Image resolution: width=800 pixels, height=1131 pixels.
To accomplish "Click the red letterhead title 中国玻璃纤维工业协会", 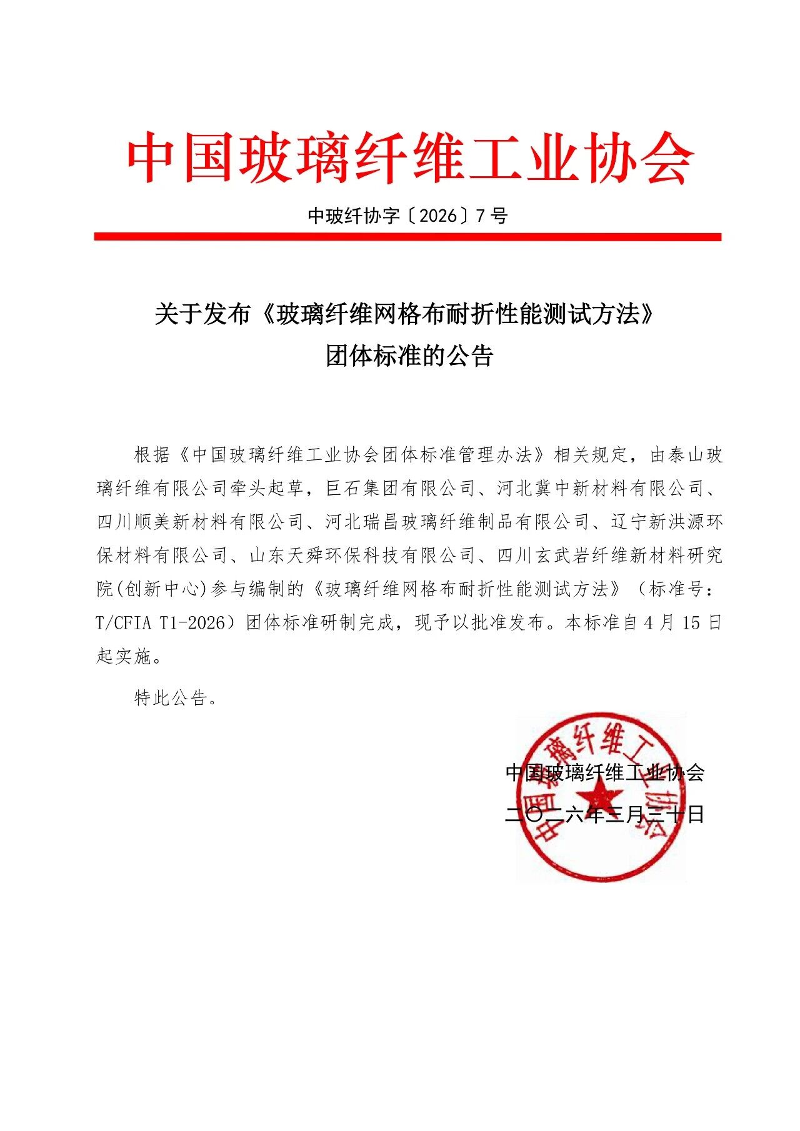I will (x=410, y=157).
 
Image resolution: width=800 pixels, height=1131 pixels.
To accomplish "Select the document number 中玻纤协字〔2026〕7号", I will (x=407, y=216).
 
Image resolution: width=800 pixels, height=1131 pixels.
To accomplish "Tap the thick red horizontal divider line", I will (x=407, y=237).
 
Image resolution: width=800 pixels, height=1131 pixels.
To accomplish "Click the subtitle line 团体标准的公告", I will (x=409, y=356).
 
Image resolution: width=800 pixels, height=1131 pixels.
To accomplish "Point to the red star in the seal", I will (x=599, y=797).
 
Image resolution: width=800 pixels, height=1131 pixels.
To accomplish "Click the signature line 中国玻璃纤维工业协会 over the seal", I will (x=604, y=773).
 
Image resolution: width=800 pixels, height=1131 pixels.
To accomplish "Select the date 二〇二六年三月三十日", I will (x=604, y=814).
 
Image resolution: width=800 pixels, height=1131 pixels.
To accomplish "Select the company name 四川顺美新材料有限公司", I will (x=200, y=522).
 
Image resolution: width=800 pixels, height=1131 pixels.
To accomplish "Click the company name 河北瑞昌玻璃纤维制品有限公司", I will (x=457, y=522).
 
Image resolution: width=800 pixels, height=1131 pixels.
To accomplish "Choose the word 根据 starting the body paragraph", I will (x=152, y=454).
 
